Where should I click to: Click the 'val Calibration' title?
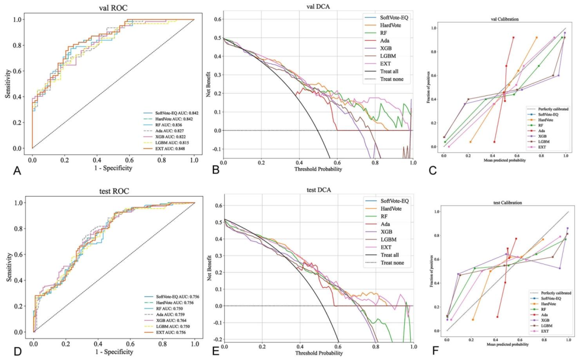(496, 19)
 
